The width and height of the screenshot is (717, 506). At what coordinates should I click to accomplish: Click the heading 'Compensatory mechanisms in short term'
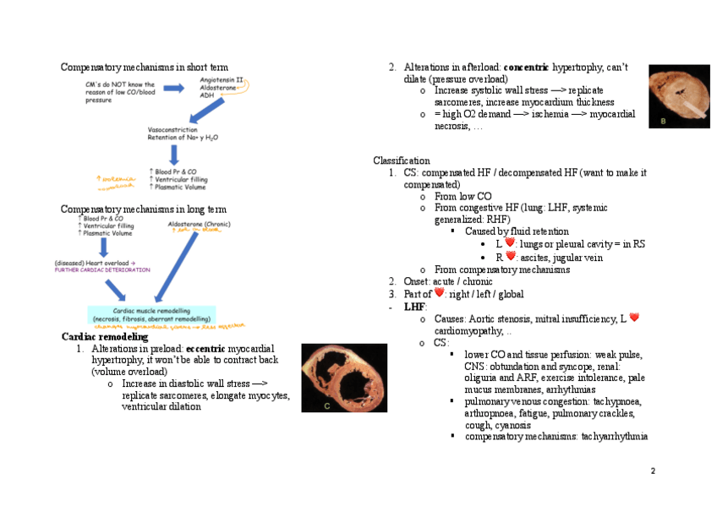click(144, 67)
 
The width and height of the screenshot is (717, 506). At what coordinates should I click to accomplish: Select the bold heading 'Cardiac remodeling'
click(105, 337)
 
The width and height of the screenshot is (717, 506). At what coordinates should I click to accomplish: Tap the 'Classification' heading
click(402, 161)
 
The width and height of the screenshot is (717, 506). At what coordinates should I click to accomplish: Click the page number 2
click(653, 471)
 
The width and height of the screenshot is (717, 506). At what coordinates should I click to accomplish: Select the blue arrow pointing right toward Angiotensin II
click(172, 88)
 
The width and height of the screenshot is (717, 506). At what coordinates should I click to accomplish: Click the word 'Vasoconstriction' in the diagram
click(172, 129)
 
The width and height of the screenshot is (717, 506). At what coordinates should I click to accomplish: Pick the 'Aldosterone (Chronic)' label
click(199, 224)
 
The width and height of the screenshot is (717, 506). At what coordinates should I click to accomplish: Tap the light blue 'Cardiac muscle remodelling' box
click(151, 314)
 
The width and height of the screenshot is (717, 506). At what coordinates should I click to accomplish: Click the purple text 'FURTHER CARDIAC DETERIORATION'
click(102, 270)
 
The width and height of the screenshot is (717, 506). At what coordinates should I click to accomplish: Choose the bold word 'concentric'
click(526, 67)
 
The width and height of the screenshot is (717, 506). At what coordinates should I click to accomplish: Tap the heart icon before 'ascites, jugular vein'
click(511, 256)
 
